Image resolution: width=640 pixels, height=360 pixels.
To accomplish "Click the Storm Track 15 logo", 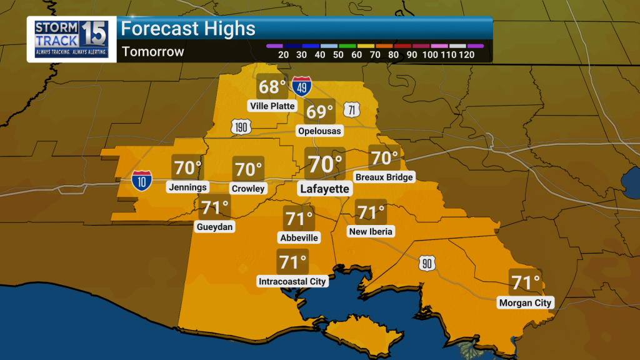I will click(x=71, y=39).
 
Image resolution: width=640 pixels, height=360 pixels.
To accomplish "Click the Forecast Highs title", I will click(x=188, y=29).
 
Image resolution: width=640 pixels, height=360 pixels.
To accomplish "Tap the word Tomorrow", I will click(x=153, y=52).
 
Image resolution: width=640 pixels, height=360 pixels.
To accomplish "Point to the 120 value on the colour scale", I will click(x=467, y=55).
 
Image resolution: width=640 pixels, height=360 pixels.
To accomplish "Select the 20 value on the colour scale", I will click(x=283, y=55).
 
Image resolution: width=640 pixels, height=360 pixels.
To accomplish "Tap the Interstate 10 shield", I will click(x=141, y=180).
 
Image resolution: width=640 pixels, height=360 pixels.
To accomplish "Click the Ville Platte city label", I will click(x=272, y=106).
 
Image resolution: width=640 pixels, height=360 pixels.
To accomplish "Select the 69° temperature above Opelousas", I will click(x=320, y=112).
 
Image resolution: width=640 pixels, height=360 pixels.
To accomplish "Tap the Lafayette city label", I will click(x=324, y=189).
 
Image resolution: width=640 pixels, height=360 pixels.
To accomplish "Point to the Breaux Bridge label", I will click(x=384, y=177).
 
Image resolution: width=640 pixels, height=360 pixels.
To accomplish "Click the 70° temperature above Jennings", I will click(x=187, y=167).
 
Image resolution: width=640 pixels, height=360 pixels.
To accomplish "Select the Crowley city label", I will click(x=248, y=188).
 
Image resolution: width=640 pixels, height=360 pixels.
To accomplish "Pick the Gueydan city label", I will click(x=214, y=227).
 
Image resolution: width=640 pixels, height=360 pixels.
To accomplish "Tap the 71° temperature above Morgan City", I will click(x=525, y=282).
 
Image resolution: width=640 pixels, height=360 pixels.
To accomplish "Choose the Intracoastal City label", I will click(x=292, y=281).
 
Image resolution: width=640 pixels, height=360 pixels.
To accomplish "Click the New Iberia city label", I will click(x=371, y=231).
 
